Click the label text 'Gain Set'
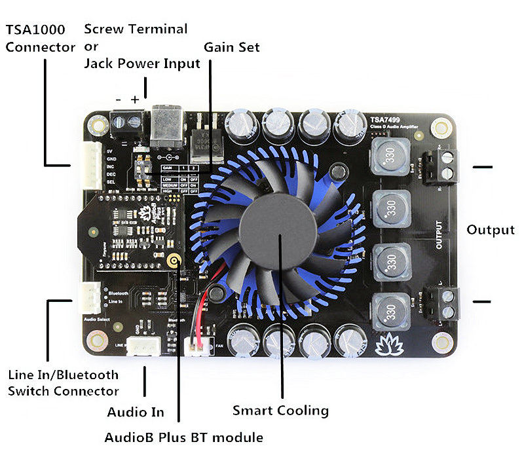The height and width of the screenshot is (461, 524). coord(231,48)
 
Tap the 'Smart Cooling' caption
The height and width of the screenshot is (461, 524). coord(280,411)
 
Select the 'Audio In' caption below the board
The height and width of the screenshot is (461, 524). coord(136,413)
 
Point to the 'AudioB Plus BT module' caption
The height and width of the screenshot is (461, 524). coord(183,437)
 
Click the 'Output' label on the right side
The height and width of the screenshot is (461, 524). coord(491,230)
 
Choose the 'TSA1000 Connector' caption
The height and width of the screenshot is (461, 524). coord(41,39)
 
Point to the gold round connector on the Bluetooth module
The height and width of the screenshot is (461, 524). coord(174,261)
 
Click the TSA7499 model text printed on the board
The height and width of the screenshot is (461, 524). coord(385,120)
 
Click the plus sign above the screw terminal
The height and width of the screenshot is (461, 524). coord(135,100)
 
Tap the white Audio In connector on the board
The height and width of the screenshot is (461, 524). coord(143,345)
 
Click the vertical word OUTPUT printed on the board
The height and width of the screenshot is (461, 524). coord(438,235)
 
